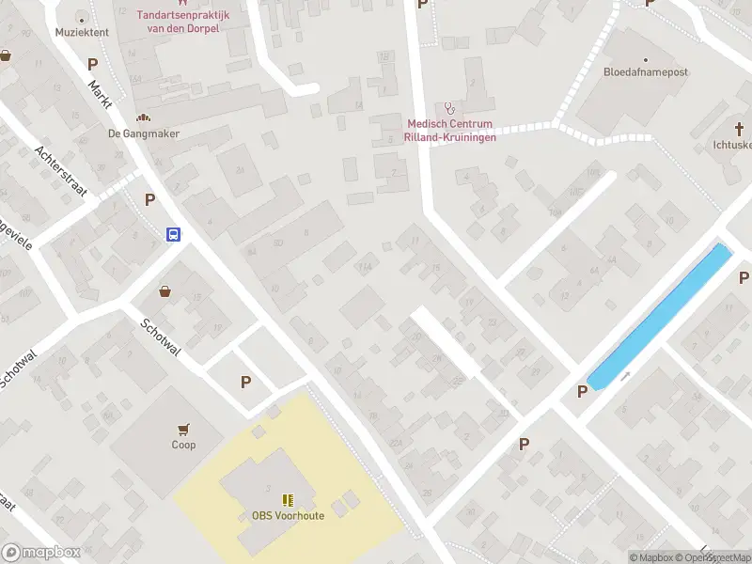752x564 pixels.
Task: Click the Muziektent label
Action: pos(82,32)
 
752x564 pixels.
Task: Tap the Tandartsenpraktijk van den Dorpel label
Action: pos(178,22)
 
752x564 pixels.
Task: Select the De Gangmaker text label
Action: pos(144,133)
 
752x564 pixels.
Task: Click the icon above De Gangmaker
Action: pos(144,118)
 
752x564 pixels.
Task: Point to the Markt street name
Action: pos(100,95)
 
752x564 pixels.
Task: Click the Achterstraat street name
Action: pos(60,171)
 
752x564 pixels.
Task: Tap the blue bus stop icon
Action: pos(174,235)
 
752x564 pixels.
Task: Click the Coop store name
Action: pos(183,445)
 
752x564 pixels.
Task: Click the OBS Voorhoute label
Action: pos(288,516)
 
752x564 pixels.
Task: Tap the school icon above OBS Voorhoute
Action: pos(288,500)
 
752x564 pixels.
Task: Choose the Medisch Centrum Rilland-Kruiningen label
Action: pos(448,130)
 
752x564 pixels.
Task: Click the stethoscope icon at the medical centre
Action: pos(448,108)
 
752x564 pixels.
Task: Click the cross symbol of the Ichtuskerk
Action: pos(740,130)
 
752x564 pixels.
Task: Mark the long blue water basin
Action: pos(660,315)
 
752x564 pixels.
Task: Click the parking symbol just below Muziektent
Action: pos(92,65)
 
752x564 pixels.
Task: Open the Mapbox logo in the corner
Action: pos(39,553)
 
